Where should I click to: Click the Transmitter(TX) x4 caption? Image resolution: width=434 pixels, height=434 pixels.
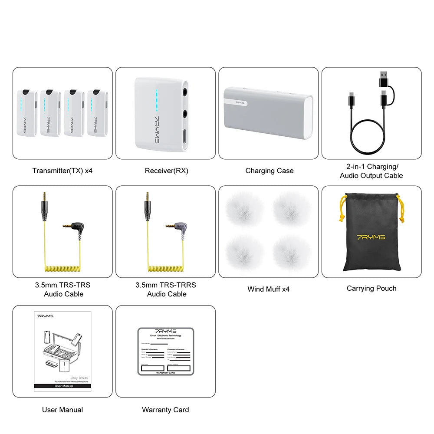[x=62, y=171]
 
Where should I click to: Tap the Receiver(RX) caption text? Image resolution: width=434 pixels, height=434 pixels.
[x=166, y=171]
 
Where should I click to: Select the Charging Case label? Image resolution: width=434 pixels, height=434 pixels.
[x=269, y=171]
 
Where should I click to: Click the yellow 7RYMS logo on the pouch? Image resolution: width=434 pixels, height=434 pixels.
[x=371, y=237]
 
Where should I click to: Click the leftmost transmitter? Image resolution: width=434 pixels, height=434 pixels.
[x=27, y=113]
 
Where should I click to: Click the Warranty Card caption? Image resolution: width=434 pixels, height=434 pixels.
[x=165, y=409]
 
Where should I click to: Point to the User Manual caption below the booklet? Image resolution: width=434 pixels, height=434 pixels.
[x=62, y=409]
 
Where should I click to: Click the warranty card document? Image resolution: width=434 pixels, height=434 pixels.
[x=165, y=352]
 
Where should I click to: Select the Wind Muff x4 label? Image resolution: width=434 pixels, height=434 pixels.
[x=268, y=289]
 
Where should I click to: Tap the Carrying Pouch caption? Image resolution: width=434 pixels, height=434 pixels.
[x=372, y=288]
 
